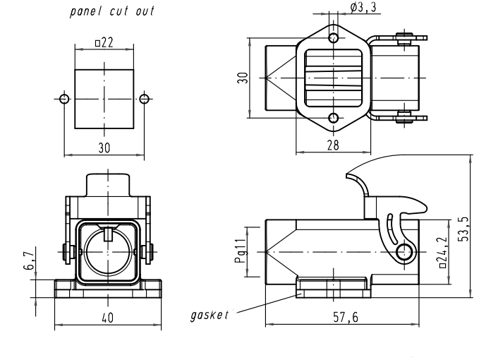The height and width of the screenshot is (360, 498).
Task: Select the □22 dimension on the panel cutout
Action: tap(104, 43)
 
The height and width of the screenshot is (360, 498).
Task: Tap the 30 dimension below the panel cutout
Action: tap(104, 148)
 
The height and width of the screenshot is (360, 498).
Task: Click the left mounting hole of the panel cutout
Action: tap(64, 99)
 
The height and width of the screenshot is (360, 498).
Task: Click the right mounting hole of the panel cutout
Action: tap(145, 99)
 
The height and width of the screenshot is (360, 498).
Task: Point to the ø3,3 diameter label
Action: tap(363, 8)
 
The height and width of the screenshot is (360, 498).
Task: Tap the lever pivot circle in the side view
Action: tap(404, 253)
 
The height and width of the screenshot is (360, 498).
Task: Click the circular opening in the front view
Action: tap(107, 253)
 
